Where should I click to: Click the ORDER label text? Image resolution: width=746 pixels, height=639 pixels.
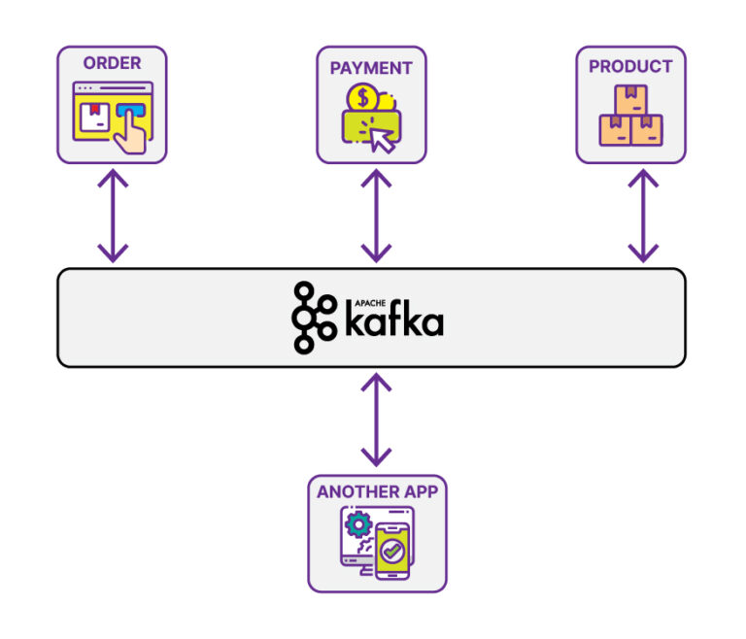[x=112, y=63]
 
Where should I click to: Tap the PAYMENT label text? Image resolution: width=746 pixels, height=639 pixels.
[x=371, y=68]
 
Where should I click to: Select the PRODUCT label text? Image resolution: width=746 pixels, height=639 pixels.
[x=630, y=66]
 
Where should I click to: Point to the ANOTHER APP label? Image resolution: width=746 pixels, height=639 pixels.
[x=377, y=491]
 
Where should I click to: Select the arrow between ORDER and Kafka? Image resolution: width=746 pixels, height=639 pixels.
[x=113, y=216]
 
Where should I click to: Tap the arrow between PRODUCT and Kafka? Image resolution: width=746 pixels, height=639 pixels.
[x=641, y=216]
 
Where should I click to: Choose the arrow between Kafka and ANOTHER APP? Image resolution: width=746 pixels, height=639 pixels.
[x=376, y=420]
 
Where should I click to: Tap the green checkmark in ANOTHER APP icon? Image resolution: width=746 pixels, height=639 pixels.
[x=392, y=551]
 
